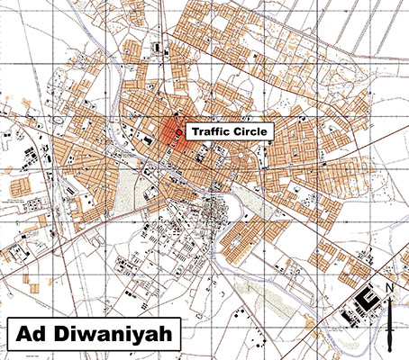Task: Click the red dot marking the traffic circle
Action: [x=179, y=132]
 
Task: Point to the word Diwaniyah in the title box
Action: [x=115, y=335]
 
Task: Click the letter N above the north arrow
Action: [x=389, y=289]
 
